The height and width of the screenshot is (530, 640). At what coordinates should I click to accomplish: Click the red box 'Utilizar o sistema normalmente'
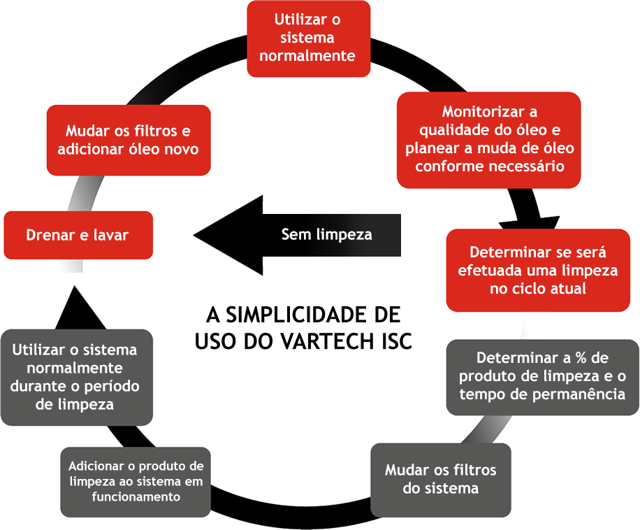(x=307, y=38)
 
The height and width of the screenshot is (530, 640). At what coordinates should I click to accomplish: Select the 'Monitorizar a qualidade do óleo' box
(x=489, y=139)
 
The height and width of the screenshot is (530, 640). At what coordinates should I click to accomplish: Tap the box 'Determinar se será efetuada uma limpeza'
(x=538, y=270)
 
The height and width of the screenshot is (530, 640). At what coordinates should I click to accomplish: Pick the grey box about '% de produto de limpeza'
(x=542, y=376)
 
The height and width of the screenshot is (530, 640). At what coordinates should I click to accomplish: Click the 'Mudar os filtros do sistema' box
(x=440, y=478)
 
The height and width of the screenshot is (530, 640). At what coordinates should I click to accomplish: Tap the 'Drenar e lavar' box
(x=78, y=235)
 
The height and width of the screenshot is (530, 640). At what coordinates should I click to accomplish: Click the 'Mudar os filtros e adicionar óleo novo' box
(x=128, y=140)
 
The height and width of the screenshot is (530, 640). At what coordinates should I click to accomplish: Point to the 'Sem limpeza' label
(x=326, y=234)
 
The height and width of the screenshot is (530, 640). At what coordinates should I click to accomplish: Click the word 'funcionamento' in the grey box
(x=136, y=496)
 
